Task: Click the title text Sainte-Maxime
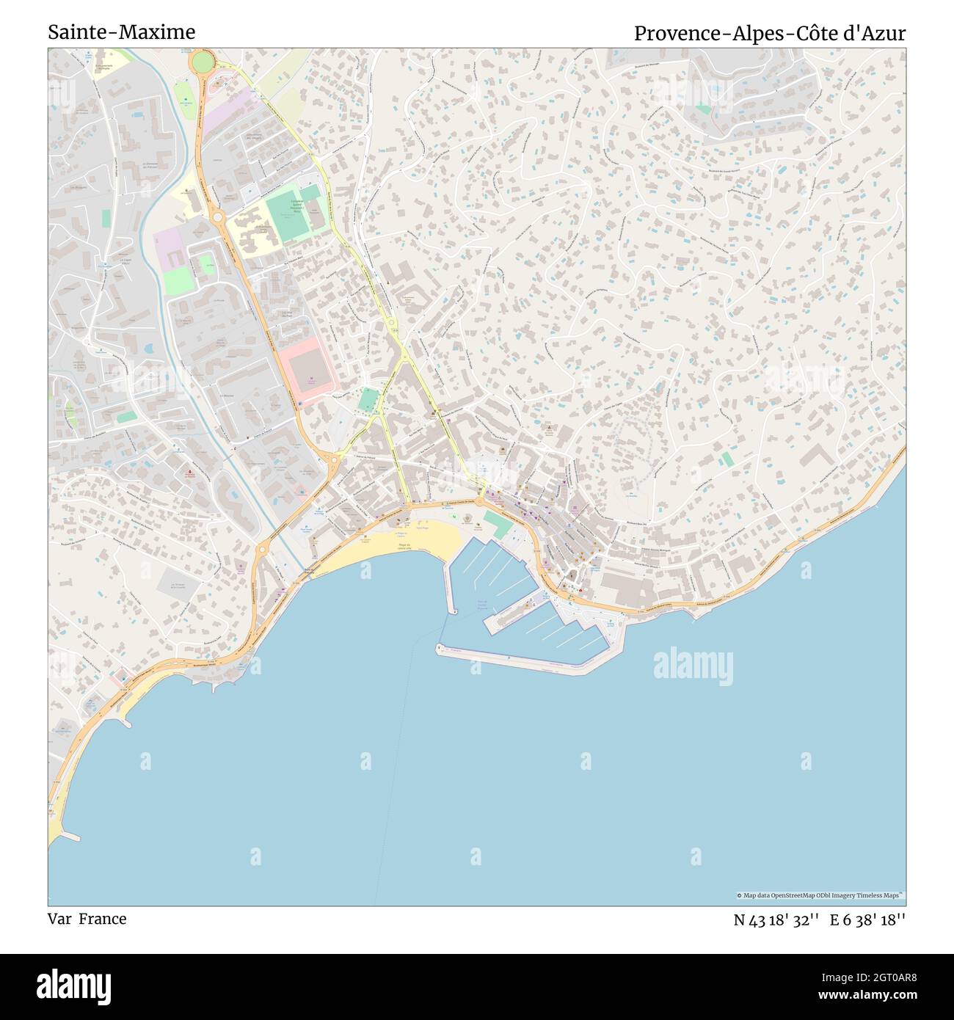[122, 32]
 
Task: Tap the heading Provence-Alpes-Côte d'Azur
[770, 33]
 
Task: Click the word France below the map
[103, 919]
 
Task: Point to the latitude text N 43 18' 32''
[776, 920]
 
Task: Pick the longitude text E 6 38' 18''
[867, 920]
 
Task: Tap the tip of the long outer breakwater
[440, 647]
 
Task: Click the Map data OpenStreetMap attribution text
[820, 895]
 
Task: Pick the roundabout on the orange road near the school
[217, 216]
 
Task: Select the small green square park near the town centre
[368, 400]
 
